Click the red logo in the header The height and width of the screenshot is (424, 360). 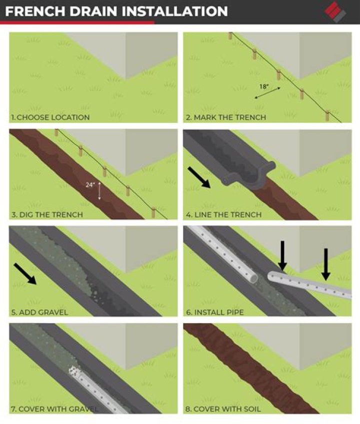(336, 11)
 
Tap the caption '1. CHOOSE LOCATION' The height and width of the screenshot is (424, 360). (50, 117)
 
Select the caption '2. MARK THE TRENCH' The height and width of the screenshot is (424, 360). (226, 117)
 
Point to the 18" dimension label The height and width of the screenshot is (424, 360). (263, 86)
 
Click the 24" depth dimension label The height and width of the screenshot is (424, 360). (90, 184)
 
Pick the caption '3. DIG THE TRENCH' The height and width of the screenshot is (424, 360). (47, 215)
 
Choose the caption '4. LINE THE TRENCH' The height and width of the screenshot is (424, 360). (224, 215)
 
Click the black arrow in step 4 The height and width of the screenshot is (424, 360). (199, 177)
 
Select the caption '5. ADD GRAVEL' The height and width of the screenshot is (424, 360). (39, 312)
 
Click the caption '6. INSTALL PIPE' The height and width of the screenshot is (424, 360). (219, 312)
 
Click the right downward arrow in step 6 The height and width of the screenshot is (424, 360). (326, 264)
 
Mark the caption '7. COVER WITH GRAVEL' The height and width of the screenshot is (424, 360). (55, 409)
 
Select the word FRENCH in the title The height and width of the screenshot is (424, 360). (33, 10)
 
